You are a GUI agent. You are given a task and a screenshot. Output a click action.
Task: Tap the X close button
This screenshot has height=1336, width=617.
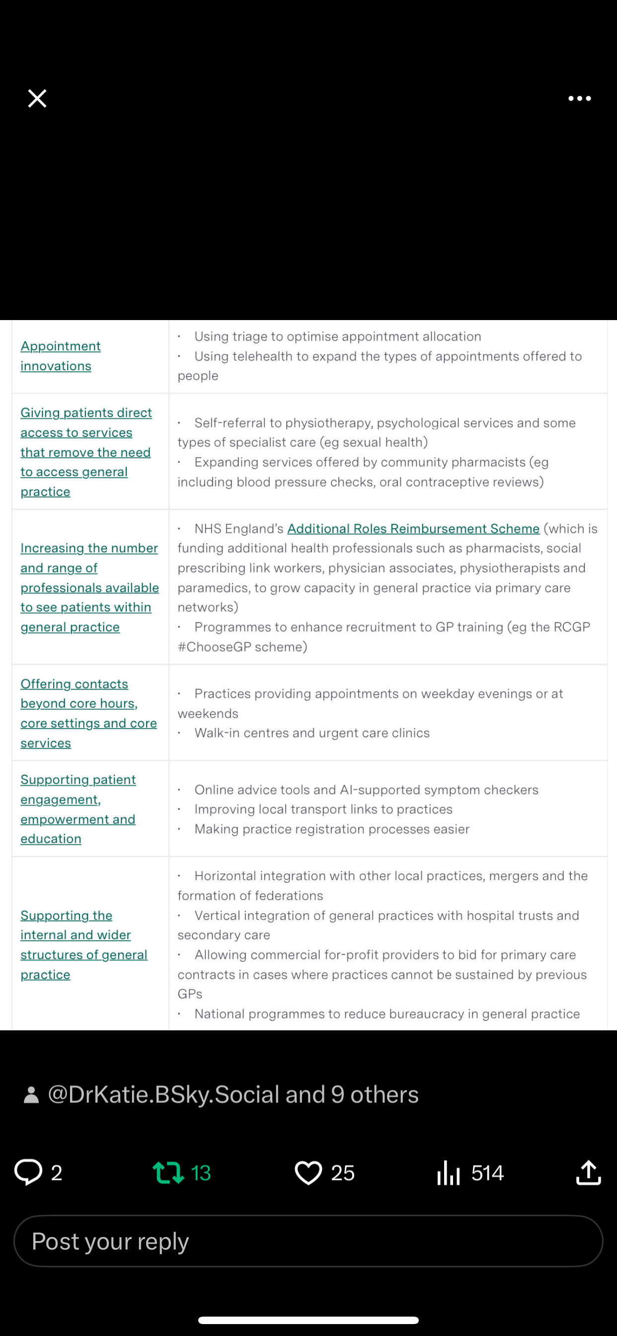[x=37, y=98]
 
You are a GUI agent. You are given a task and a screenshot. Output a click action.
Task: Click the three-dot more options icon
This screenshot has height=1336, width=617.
[x=579, y=98]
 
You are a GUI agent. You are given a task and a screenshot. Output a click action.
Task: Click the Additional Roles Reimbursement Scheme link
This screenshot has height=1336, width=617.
[x=413, y=528]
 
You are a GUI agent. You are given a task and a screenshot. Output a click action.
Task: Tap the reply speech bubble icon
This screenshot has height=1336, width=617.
[x=28, y=1172]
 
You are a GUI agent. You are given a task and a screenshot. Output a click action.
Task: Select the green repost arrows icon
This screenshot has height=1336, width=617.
[x=168, y=1172]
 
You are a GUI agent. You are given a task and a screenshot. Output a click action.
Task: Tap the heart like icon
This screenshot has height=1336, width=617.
[x=308, y=1172]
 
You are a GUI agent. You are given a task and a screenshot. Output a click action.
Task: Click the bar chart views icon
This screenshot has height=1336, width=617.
[x=448, y=1172]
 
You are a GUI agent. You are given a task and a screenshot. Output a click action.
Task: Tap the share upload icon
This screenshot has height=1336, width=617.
[x=589, y=1172]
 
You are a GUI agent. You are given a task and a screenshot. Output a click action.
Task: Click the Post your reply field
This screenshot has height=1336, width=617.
[x=308, y=1241]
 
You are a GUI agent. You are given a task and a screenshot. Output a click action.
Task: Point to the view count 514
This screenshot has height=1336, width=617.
[x=487, y=1172]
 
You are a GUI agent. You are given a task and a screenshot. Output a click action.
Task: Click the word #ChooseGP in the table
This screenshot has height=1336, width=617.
[x=212, y=647]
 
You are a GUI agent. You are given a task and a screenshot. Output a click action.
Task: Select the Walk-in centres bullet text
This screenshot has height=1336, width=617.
[x=311, y=733]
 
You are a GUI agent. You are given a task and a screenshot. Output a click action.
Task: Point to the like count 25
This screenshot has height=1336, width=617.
[x=343, y=1172]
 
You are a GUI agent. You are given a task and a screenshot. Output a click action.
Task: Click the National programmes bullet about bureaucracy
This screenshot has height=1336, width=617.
[x=387, y=1014]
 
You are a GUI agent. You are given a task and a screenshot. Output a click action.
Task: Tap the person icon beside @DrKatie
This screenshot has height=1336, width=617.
[x=32, y=1095]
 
